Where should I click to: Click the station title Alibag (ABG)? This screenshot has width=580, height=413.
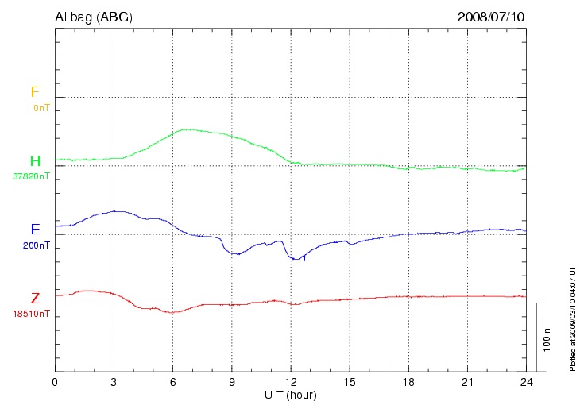pyautogui.click(x=92, y=17)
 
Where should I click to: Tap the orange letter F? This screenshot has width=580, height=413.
pyautogui.click(x=35, y=92)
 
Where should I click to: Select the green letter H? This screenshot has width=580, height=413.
pyautogui.click(x=35, y=162)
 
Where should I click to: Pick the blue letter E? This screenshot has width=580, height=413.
pyautogui.click(x=35, y=230)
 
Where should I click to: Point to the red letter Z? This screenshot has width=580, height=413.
pyautogui.click(x=35, y=299)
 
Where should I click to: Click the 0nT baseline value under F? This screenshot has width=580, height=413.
pyautogui.click(x=41, y=107)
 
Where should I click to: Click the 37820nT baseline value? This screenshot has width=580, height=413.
pyautogui.click(x=31, y=176)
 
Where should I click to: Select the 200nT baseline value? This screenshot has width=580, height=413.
pyautogui.click(x=37, y=245)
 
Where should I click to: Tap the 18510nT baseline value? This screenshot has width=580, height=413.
pyautogui.click(x=31, y=314)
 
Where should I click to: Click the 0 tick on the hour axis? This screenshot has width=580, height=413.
pyautogui.click(x=55, y=382)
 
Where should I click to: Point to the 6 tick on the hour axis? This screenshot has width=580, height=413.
pyautogui.click(x=172, y=382)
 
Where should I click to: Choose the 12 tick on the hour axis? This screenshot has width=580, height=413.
pyautogui.click(x=290, y=382)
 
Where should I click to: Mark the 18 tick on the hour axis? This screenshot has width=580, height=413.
pyautogui.click(x=408, y=382)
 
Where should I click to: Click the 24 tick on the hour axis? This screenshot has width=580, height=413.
pyautogui.click(x=525, y=382)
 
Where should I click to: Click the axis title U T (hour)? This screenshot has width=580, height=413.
pyautogui.click(x=291, y=395)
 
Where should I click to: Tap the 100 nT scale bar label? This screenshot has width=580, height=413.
pyautogui.click(x=547, y=338)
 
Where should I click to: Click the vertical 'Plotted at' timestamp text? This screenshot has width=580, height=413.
pyautogui.click(x=572, y=318)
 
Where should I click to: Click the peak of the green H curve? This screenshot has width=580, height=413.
pyautogui.click(x=188, y=129)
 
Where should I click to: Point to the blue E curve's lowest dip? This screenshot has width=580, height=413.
pyautogui.click(x=296, y=259)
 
